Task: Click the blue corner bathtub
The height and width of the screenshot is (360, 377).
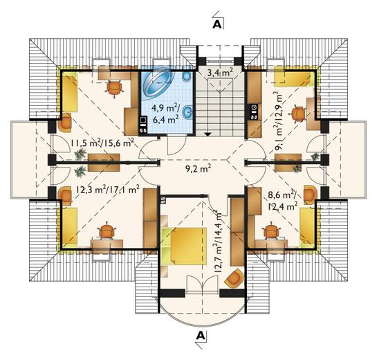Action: click(x=158, y=82)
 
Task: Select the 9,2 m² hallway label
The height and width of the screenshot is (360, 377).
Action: click(x=199, y=169)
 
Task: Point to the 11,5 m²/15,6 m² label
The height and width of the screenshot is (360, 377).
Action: click(x=102, y=144)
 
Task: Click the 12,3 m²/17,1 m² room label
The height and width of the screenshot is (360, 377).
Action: click(x=107, y=190)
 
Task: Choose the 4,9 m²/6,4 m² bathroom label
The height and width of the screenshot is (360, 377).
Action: click(x=165, y=114)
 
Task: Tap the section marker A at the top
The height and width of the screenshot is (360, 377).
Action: click(x=217, y=24)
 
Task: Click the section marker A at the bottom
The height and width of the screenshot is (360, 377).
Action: click(x=201, y=335)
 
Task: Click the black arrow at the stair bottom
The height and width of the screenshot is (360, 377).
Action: click(x=208, y=134)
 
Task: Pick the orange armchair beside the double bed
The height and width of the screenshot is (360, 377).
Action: click(x=234, y=278)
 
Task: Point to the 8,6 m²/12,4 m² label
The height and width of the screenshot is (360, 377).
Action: click(x=283, y=201)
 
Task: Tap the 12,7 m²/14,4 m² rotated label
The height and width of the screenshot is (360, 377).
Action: click(x=218, y=242)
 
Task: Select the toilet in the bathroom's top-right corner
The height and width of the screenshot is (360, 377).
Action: click(x=187, y=76)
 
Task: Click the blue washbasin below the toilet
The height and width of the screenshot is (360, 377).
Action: click(x=187, y=112)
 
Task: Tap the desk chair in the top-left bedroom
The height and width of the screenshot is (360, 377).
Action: click(x=114, y=89)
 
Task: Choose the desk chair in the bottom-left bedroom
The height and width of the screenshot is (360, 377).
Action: click(x=107, y=231)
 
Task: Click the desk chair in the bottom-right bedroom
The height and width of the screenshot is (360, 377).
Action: click(x=272, y=231)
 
